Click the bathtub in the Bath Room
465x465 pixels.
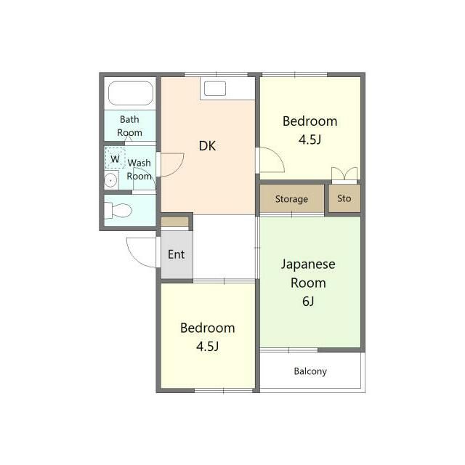coord(131,93)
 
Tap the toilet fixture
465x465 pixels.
coord(118,211)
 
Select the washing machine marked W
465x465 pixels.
coord(115,158)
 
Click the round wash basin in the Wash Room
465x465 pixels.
coord(110,180)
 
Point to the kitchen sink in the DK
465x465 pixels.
coord(215,89)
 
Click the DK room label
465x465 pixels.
coord(207,146)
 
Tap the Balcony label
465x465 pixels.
coord(310,371)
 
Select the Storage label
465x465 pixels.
coord(291,199)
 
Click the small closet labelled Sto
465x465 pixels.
coord(344,198)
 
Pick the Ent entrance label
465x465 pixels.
coord(176,254)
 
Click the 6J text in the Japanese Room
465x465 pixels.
coord(308,302)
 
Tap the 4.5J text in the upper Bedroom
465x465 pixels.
coord(310,139)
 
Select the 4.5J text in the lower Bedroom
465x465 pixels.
coord(208,346)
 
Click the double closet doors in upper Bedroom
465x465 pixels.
coord(344,174)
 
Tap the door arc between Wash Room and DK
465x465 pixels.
coord(179,168)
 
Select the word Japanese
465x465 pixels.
coord(308,264)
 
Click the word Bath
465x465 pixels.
coord(129,119)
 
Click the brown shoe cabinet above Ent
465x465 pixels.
coord(175,222)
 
